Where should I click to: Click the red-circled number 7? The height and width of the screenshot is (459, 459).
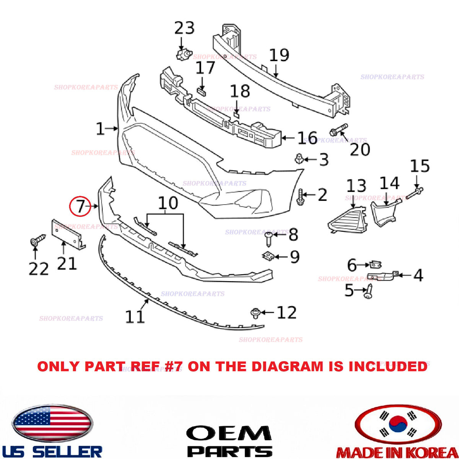[80, 206]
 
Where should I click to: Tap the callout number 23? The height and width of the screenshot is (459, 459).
[184, 28]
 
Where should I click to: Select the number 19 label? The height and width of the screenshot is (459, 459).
[279, 55]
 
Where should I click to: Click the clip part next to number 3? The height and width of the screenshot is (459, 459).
[298, 159]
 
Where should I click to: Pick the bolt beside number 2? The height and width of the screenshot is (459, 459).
[300, 197]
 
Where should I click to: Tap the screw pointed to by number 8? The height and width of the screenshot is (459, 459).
[269, 239]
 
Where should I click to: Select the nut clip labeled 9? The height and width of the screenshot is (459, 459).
[268, 256]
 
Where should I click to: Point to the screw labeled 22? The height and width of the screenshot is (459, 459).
[38, 241]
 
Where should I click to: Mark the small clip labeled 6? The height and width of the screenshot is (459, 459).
[375, 265]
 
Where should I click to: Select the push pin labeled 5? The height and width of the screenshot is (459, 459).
[368, 291]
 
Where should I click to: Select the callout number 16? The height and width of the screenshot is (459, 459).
[308, 138]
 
